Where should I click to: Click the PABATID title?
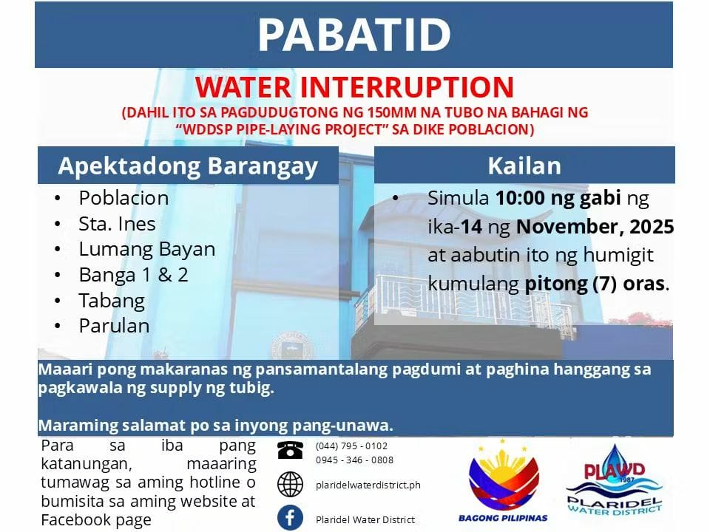(x=354, y=35)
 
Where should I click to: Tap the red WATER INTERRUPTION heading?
(x=354, y=87)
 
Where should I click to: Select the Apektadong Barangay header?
(x=188, y=166)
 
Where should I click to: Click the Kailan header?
(x=524, y=166)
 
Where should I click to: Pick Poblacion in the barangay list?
(x=124, y=198)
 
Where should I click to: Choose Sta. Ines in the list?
(x=117, y=223)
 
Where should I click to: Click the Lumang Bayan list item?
(x=146, y=250)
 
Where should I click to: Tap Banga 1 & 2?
(x=133, y=275)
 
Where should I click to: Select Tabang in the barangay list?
(x=112, y=301)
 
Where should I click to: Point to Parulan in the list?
(x=114, y=326)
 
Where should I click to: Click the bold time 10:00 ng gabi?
(x=558, y=198)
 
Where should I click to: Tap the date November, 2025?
(x=595, y=227)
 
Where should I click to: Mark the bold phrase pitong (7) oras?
(x=595, y=284)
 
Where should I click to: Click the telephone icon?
(x=290, y=450)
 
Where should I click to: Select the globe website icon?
(x=290, y=484)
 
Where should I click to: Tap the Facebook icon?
(x=290, y=517)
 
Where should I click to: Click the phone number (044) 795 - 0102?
(x=352, y=446)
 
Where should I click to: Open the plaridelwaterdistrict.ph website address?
(x=368, y=485)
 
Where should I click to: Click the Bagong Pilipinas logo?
(x=503, y=480)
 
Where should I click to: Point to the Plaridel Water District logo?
(x=614, y=480)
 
